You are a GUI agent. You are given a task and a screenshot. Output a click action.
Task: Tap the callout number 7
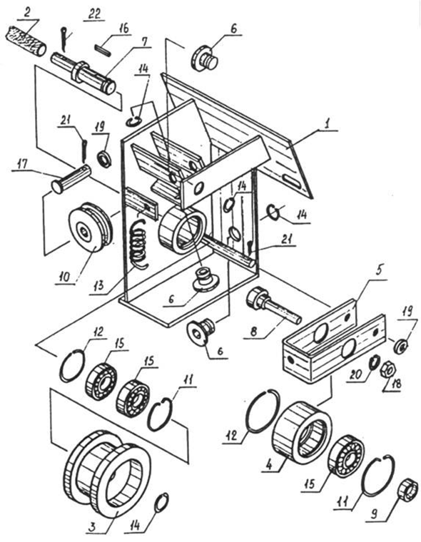coord(144,41)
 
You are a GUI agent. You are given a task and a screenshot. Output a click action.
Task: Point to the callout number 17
coord(22,164)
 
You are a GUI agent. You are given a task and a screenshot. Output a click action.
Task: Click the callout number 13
coord(99,285)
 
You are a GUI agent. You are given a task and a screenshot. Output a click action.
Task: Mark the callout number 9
coord(375,514)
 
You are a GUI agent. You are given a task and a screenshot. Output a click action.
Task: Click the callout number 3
coord(92,527)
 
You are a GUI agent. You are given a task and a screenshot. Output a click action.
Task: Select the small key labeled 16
coord(103,50)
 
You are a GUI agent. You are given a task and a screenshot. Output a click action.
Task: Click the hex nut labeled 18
coord(388,371)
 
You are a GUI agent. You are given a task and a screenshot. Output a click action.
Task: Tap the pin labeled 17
coord(71,178)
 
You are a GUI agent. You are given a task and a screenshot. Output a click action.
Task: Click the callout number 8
coord(255,331)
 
